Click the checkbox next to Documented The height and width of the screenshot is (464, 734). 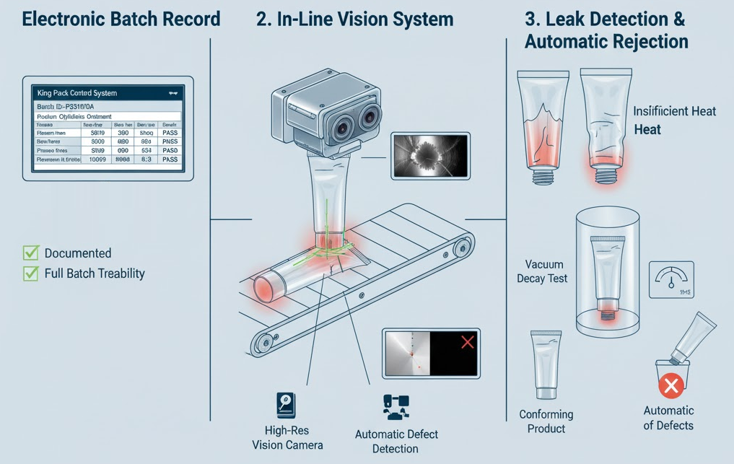click(x=30, y=253)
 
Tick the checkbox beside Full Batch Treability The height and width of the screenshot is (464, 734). click(x=30, y=273)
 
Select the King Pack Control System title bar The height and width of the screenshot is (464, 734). click(x=108, y=93)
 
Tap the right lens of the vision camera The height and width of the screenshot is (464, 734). click(x=370, y=116)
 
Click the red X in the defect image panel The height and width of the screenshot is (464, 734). click(x=468, y=341)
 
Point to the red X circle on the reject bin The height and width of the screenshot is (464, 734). click(x=671, y=385)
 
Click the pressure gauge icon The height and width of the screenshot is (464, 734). click(x=671, y=279)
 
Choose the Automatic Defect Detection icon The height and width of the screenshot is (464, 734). click(x=396, y=406)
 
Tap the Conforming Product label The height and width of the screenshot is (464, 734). click(x=546, y=421)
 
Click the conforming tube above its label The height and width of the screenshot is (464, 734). click(x=546, y=364)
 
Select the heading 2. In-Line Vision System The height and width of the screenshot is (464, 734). click(x=354, y=19)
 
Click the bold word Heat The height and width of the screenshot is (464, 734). click(x=647, y=130)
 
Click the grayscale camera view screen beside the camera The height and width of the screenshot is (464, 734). click(x=430, y=155)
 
